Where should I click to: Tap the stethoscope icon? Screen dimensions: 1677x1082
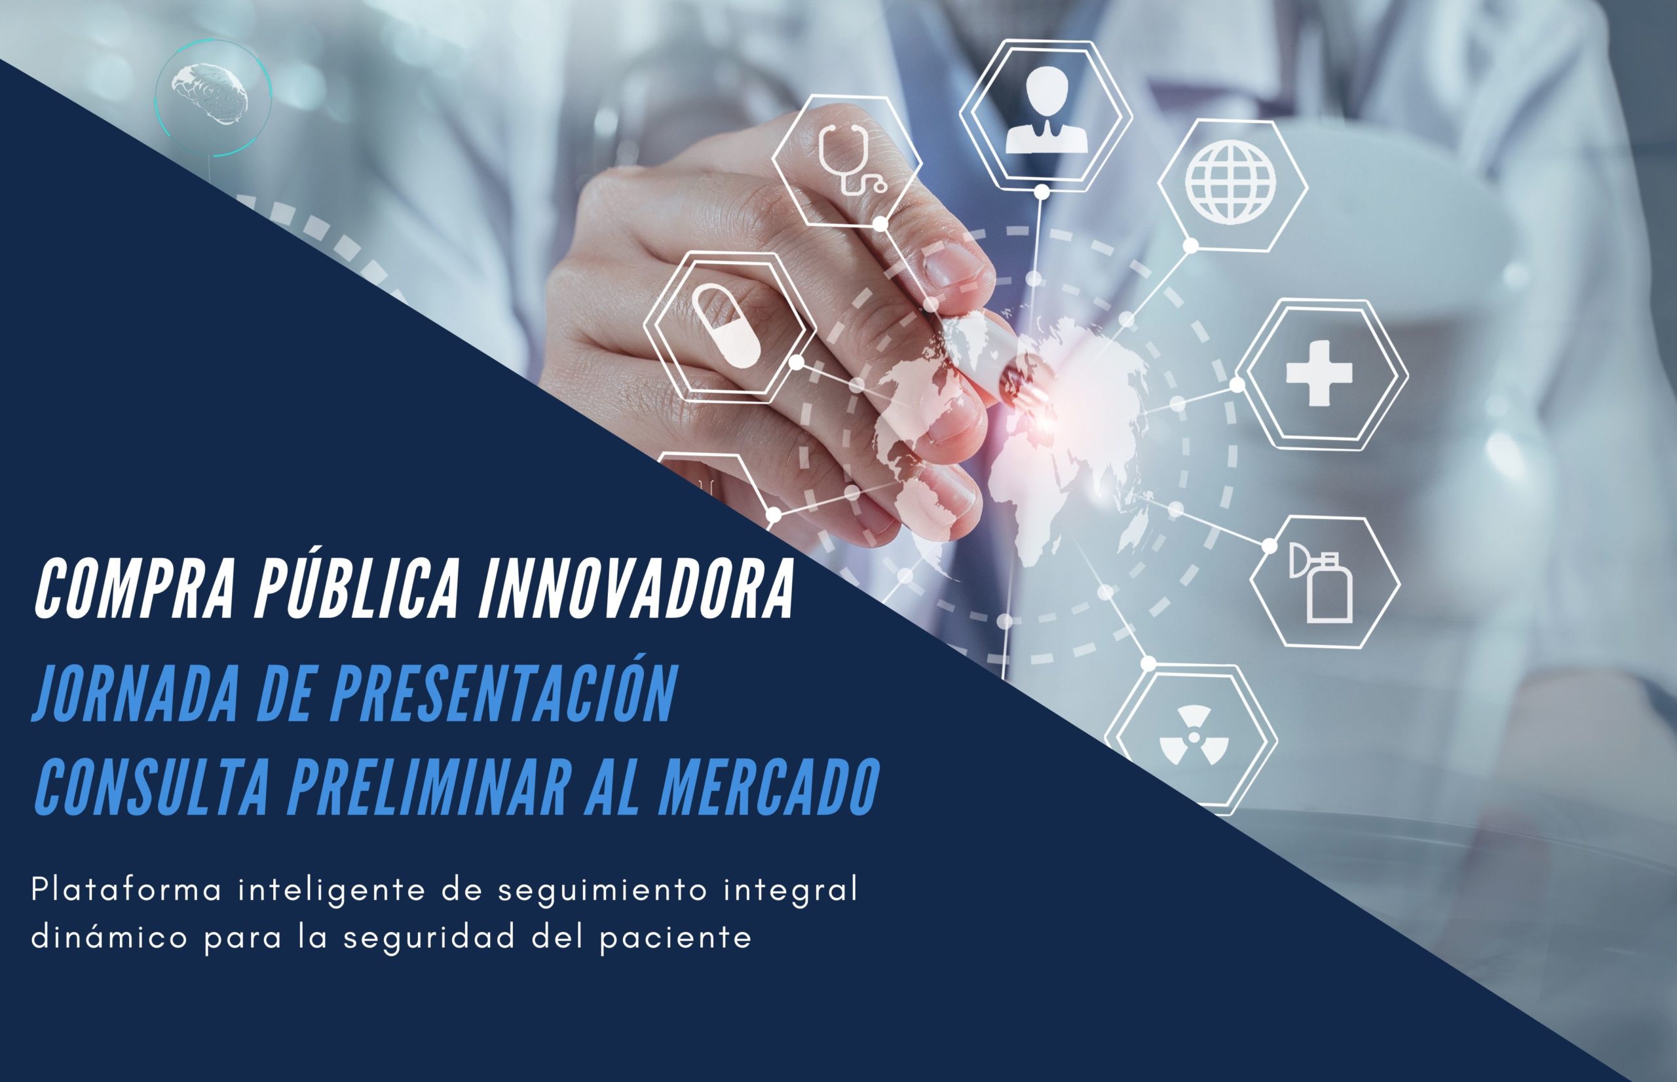852,159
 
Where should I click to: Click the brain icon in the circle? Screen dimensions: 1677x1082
212,98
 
